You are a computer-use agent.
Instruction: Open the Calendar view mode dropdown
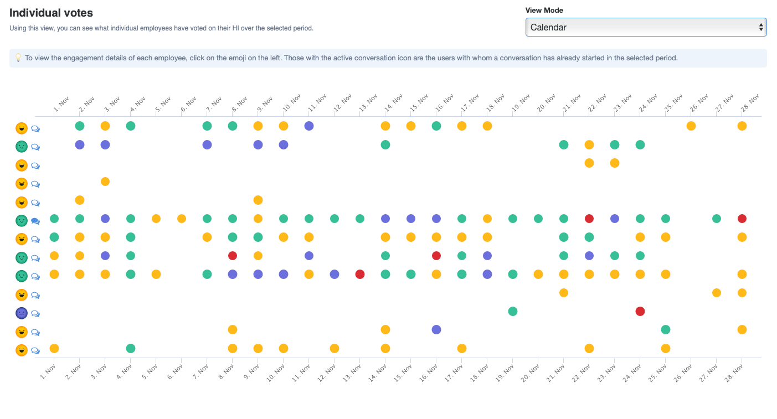[x=645, y=27]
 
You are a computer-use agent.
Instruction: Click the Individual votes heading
[x=51, y=13]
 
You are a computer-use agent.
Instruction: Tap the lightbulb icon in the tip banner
[x=18, y=58]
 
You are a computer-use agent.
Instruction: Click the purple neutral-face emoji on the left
[x=22, y=313]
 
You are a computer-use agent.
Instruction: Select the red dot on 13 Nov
[x=360, y=274]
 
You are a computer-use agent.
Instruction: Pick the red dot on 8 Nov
[x=233, y=256]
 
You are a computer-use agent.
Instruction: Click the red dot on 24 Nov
[x=640, y=311]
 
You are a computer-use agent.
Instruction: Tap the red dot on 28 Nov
[x=742, y=219]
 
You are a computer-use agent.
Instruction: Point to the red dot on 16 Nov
[x=436, y=256]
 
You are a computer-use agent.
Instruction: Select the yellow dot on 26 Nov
[x=691, y=126]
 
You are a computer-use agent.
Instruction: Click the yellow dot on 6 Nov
[x=182, y=219]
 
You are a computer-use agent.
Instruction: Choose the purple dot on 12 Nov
[x=335, y=274]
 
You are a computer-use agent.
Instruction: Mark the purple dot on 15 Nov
[x=411, y=219]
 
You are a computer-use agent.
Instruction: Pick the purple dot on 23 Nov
[x=615, y=219]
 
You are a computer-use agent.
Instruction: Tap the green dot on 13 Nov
[x=360, y=219]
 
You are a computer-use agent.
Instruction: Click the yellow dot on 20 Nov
[x=538, y=274]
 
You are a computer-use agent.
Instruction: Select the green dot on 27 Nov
[x=717, y=219]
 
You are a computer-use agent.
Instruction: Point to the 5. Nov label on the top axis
[x=161, y=104]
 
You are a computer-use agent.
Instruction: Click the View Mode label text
[x=544, y=10]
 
